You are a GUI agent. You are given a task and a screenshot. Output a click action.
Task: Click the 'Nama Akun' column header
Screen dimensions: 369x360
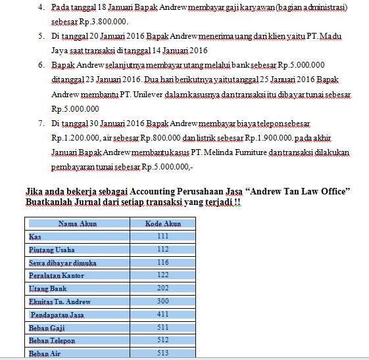[78, 224]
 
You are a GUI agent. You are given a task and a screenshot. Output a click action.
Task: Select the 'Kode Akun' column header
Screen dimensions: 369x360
[162, 224]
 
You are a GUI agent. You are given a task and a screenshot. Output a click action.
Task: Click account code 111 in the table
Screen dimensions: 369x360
[162, 236]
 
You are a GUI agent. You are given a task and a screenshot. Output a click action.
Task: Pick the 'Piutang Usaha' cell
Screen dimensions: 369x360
[52, 250]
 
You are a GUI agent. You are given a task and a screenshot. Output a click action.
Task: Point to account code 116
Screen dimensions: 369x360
[162, 263]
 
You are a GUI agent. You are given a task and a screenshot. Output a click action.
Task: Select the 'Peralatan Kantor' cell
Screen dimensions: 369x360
[57, 276]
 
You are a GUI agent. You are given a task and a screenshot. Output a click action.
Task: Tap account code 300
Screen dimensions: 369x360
[162, 302]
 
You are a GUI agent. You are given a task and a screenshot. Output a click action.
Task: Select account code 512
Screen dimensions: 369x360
[162, 340]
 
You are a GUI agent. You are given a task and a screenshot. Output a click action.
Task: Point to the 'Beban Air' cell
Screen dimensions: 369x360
[44, 353]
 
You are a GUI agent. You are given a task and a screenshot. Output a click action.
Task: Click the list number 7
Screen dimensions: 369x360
[41, 124]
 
